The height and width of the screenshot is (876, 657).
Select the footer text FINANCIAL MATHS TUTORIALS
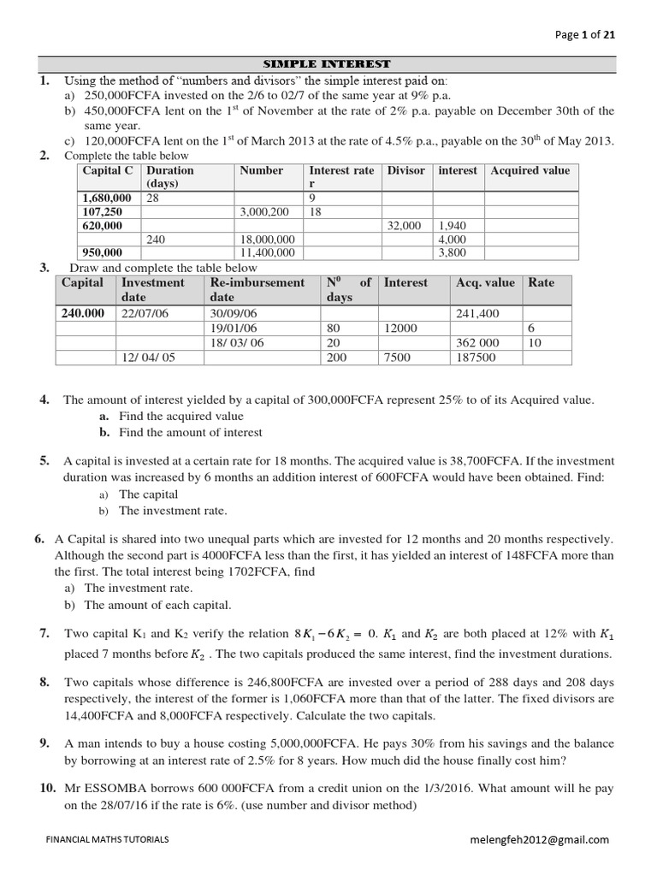[107, 840]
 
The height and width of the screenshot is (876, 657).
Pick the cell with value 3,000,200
[264, 211]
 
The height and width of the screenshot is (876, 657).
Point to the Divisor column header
[405, 170]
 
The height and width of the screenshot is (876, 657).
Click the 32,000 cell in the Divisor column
[405, 225]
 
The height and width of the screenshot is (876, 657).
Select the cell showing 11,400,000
[268, 252]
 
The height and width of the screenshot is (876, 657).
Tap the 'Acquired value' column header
[530, 170]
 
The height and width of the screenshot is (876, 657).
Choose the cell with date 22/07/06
[146, 313]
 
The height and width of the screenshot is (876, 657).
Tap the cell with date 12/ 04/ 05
[148, 357]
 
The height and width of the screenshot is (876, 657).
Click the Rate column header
[541, 282]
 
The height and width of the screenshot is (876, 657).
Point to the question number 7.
[44, 633]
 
